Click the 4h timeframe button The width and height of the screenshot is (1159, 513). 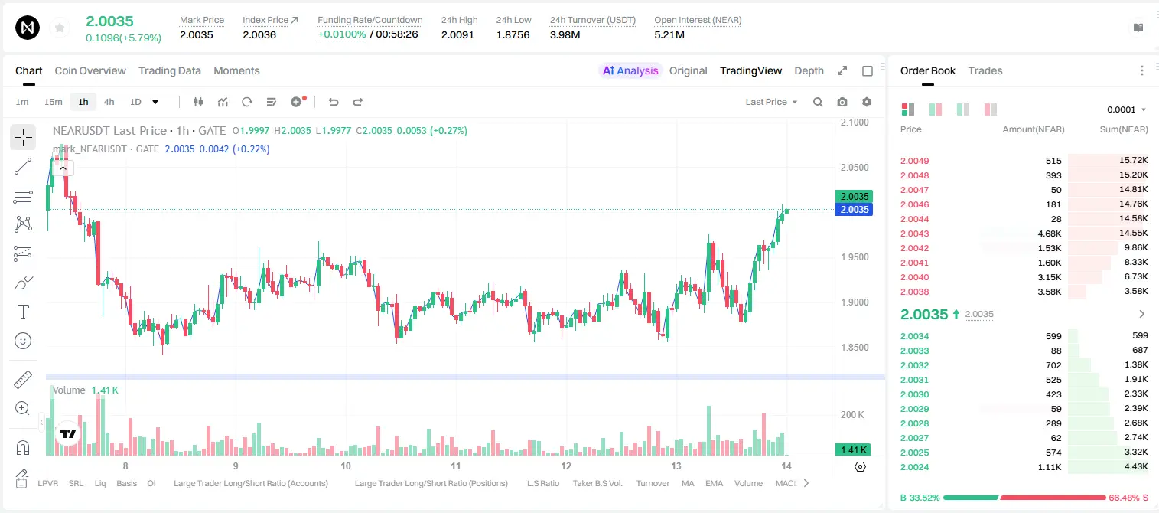tap(109, 102)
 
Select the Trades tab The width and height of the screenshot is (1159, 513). tap(985, 70)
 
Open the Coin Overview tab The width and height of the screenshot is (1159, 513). tap(90, 70)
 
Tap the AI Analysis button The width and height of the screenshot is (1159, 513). tap(630, 70)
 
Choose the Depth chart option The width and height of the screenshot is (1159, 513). tap(809, 70)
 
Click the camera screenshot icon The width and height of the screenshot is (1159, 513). tap(842, 102)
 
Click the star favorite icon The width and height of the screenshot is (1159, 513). tap(60, 28)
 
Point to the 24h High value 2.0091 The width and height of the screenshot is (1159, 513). tap(457, 34)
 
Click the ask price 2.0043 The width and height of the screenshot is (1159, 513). tap(914, 234)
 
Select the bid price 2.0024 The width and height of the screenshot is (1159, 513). tap(914, 467)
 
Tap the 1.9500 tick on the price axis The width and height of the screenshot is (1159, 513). tap(855, 257)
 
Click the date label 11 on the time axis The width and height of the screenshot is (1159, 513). tap(456, 466)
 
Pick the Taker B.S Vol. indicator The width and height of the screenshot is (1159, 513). tap(597, 483)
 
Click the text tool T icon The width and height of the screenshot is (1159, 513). tap(23, 312)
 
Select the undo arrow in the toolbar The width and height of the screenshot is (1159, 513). tap(334, 102)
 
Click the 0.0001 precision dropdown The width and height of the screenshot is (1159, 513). tap(1126, 109)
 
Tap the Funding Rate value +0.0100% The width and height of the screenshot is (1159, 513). tap(341, 34)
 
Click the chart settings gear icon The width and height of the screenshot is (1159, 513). tap(867, 102)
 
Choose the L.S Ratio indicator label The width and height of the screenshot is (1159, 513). tap(542, 483)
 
